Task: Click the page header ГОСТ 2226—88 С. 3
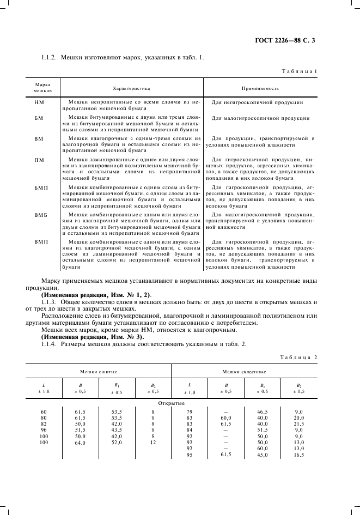(293, 39)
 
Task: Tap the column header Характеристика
(131, 87)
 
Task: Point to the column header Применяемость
(260, 87)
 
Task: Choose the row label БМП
(41, 188)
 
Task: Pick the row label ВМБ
(41, 215)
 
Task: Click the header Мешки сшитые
(99, 371)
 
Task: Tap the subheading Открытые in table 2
(171, 404)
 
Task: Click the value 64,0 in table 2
(80, 443)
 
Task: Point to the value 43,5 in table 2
(117, 429)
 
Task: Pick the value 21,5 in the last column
(298, 423)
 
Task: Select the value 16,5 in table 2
(298, 455)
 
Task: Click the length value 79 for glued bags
(190, 411)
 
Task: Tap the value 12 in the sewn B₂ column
(153, 443)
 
